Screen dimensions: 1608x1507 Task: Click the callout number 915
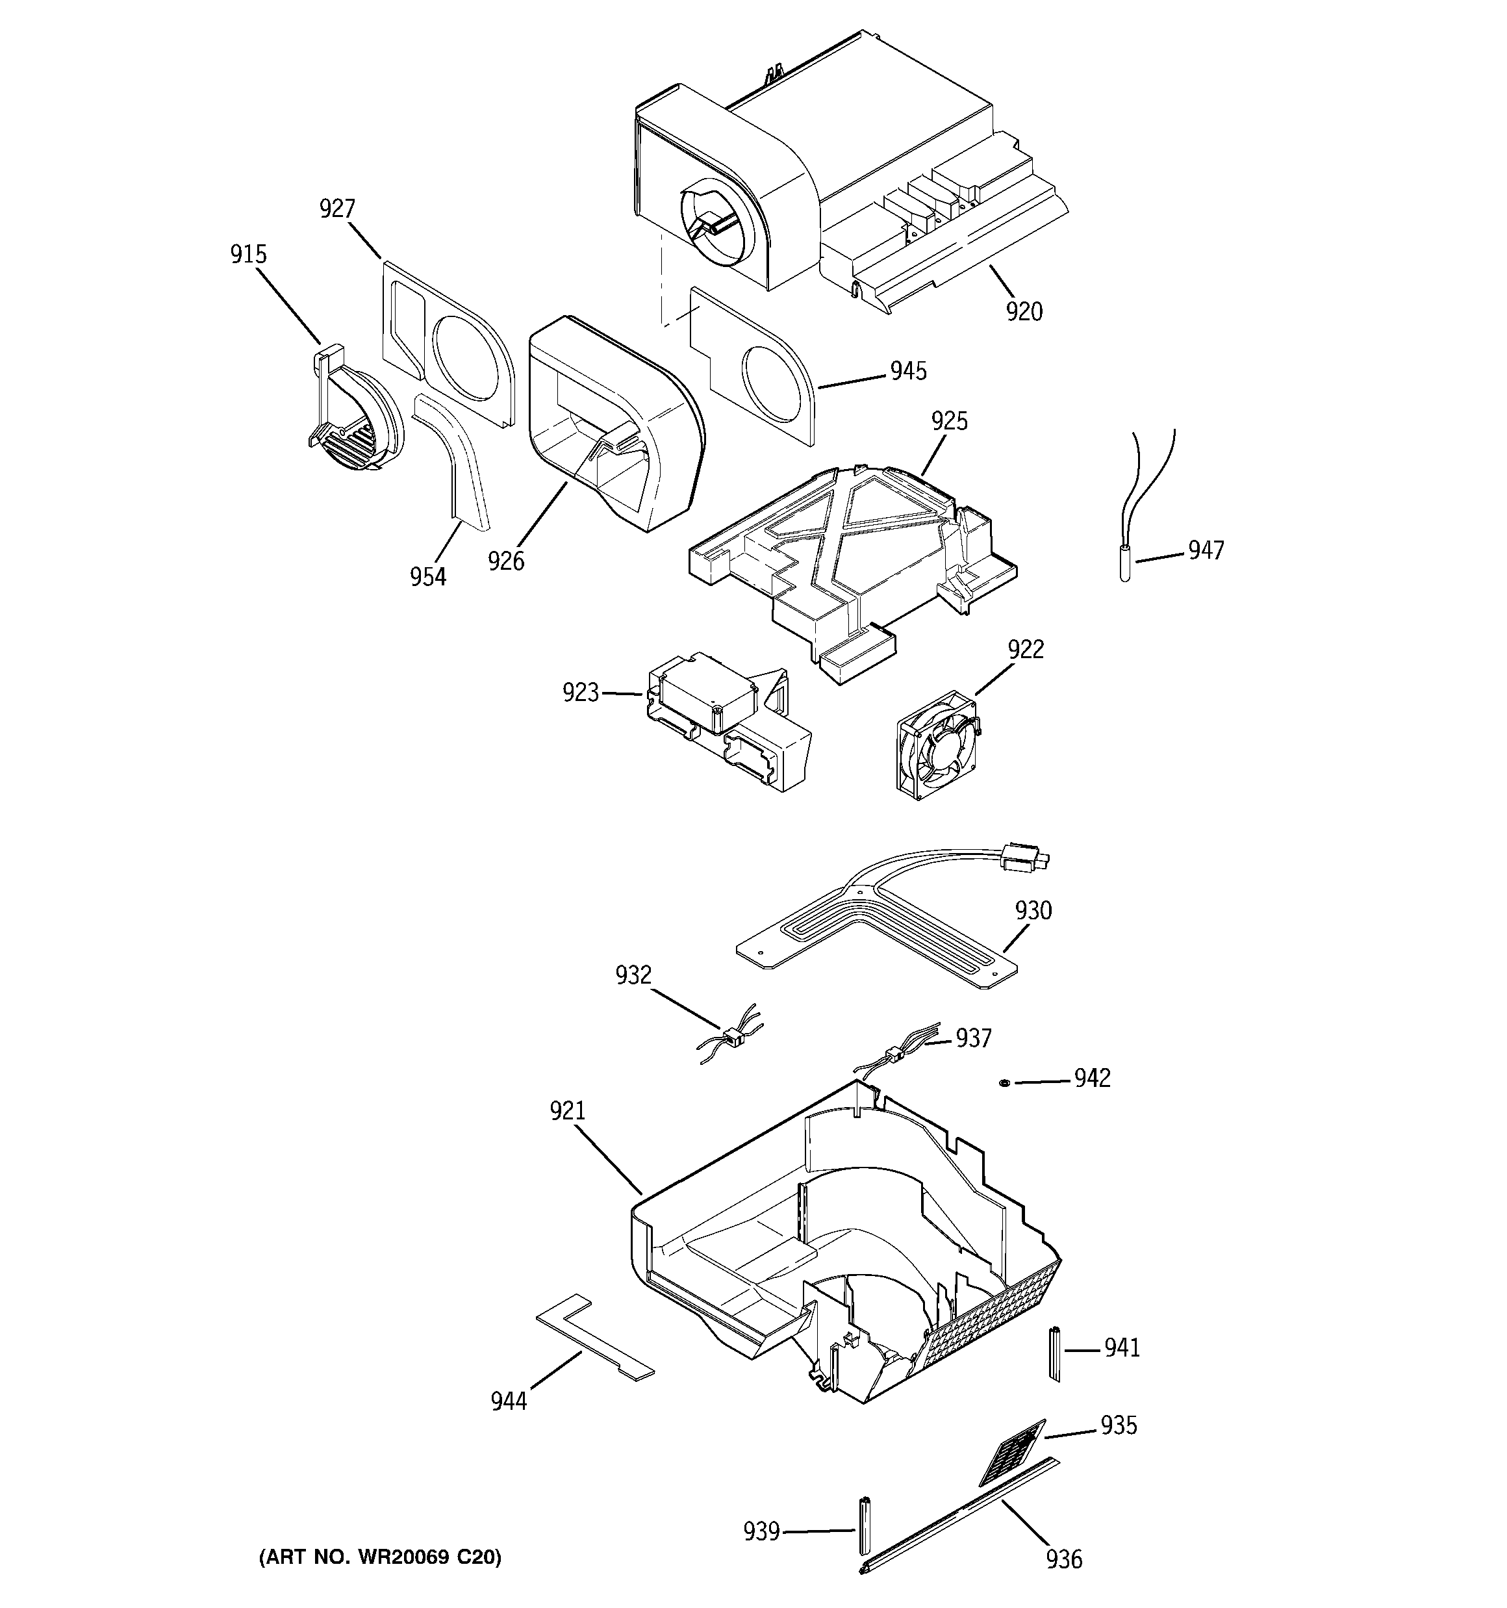point(248,255)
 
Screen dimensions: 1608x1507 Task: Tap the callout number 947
point(1206,551)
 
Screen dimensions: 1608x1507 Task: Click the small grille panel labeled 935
point(1013,1452)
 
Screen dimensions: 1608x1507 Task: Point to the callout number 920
point(1024,311)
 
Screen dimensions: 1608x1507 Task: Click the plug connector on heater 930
point(1024,858)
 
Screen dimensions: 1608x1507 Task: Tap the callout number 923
point(581,693)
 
